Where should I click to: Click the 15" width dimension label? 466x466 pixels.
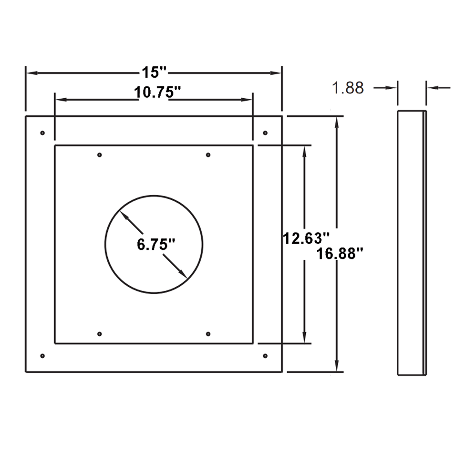tap(154, 72)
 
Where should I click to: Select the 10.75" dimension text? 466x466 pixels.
tap(157, 93)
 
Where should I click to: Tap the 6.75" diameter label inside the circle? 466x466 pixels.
tap(156, 244)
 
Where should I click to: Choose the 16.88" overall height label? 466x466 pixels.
tap(340, 253)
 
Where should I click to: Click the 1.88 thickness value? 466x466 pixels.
tap(348, 88)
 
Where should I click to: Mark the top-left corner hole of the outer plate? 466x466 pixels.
tap(42, 133)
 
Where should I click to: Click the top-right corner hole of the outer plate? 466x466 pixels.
tap(265, 133)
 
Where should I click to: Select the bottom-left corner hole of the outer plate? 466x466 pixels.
tap(42, 356)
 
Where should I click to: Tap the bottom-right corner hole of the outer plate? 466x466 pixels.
tap(265, 356)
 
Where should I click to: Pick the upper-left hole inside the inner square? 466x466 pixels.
tap(99, 155)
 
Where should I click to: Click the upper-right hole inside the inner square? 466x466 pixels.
tap(208, 155)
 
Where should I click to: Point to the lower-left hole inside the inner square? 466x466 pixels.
tap(99, 334)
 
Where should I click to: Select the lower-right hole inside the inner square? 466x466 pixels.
tap(208, 334)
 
